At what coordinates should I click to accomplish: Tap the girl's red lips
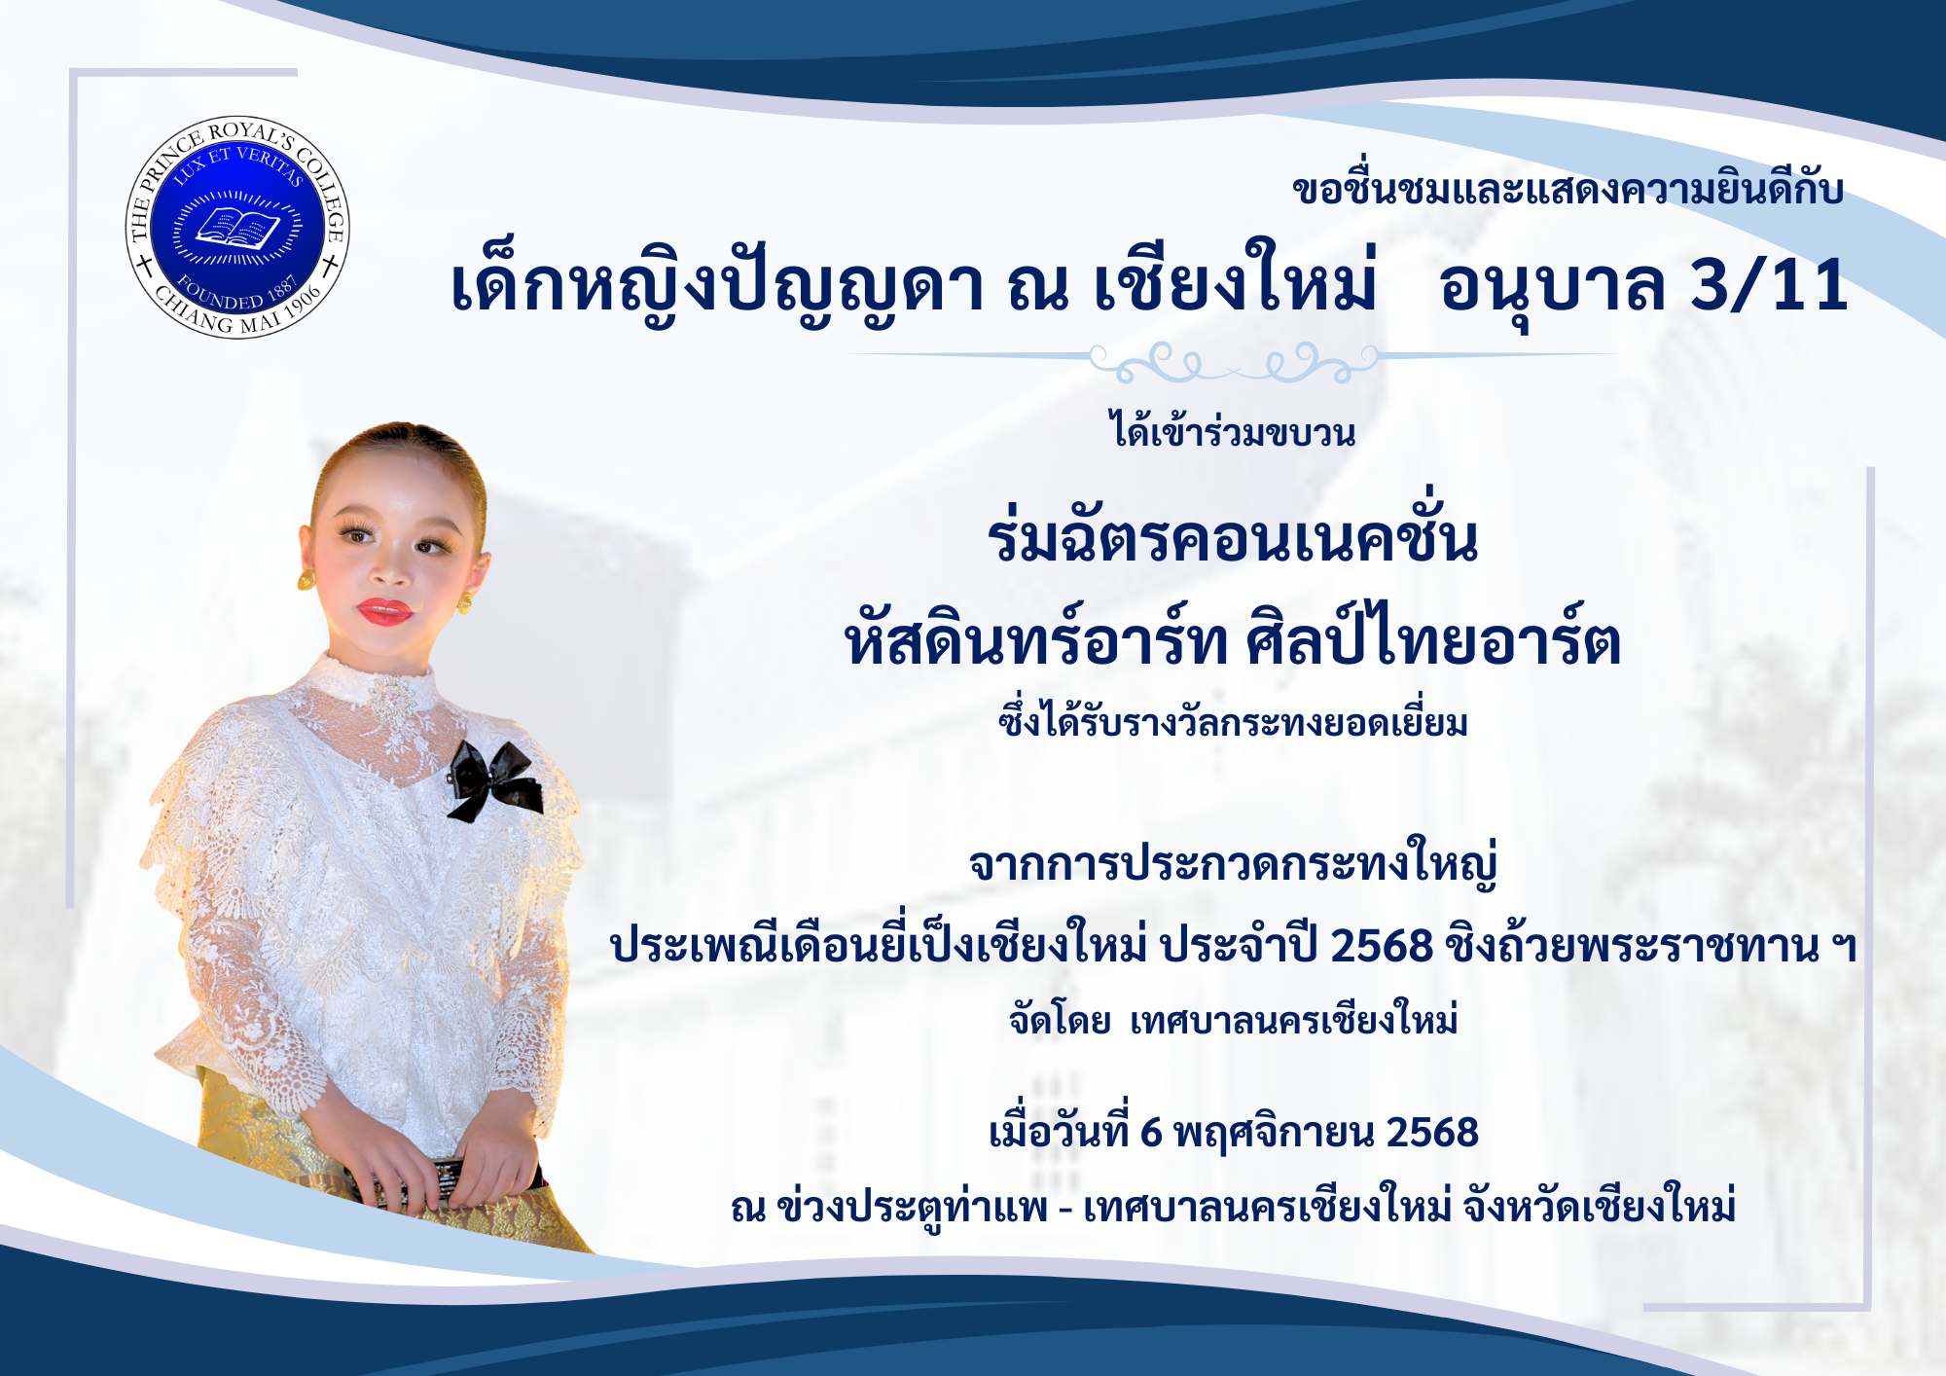(x=385, y=611)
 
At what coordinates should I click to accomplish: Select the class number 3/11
(x=1769, y=286)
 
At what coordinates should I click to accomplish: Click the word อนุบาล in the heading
(x=1553, y=288)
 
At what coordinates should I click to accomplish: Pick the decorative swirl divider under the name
(x=1234, y=361)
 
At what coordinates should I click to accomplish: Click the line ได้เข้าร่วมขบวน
(x=1234, y=429)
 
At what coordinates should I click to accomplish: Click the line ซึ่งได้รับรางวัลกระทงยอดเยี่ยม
(x=1233, y=720)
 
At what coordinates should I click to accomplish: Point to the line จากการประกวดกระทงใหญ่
(x=1233, y=862)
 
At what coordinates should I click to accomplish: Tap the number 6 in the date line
(x=1151, y=1133)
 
